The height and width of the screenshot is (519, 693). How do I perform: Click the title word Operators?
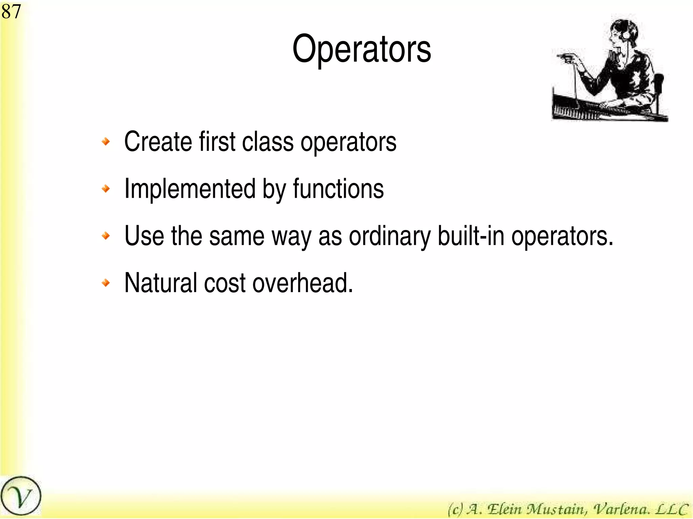(x=361, y=49)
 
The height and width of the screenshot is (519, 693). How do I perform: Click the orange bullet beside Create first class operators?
(x=106, y=141)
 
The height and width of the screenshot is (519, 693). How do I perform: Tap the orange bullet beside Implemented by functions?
(x=106, y=189)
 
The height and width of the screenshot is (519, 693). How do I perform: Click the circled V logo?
(x=21, y=496)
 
